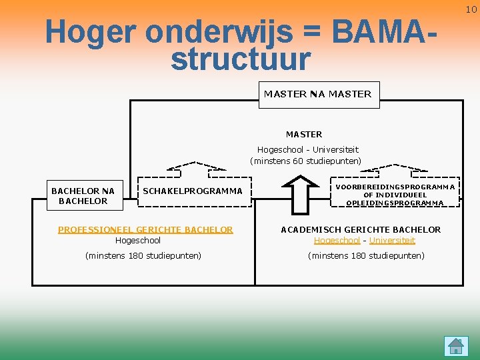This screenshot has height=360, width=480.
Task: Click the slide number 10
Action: click(471, 9)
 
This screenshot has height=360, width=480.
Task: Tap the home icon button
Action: click(456, 346)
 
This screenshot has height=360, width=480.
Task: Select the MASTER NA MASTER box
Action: click(317, 94)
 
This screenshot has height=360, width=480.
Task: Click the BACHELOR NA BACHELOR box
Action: click(83, 196)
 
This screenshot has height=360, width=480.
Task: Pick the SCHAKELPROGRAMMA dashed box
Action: click(193, 191)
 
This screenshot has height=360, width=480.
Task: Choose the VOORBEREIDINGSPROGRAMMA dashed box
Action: click(395, 195)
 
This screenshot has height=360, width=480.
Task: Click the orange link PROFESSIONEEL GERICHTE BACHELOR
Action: click(145, 229)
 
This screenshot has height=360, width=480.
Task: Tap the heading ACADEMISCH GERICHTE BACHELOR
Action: click(361, 229)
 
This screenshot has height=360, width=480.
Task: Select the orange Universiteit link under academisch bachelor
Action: click(392, 240)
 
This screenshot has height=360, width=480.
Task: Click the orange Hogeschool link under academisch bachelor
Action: click(337, 240)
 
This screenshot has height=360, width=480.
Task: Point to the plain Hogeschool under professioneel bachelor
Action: click(138, 240)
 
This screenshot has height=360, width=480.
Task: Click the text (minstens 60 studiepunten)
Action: click(305, 161)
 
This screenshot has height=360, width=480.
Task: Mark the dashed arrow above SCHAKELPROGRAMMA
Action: click(195, 166)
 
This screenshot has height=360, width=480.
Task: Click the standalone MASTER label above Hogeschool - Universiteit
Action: click(304, 134)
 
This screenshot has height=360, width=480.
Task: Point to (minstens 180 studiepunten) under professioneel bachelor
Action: click(143, 255)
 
